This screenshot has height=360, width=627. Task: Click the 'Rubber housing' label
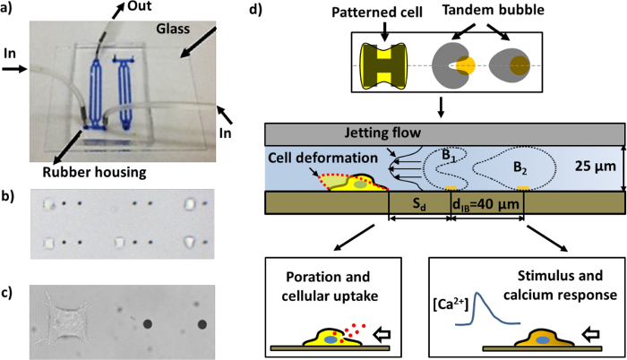(x=94, y=172)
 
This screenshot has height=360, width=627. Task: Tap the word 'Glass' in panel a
(x=173, y=29)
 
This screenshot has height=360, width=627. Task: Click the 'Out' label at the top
(x=140, y=5)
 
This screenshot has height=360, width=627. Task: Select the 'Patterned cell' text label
(x=377, y=13)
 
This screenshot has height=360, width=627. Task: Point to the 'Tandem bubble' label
(x=493, y=10)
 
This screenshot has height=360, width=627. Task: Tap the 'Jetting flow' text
(x=382, y=133)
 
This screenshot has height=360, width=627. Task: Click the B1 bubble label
(x=449, y=157)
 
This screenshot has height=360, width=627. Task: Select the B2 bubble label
(x=520, y=168)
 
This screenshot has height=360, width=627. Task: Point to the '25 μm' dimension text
(x=596, y=166)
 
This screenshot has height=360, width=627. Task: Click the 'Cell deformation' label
(x=322, y=158)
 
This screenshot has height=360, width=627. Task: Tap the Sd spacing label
(x=419, y=204)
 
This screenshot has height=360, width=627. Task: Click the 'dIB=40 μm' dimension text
(x=485, y=205)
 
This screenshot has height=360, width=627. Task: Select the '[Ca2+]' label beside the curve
(x=450, y=307)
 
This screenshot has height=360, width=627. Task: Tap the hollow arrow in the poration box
(x=382, y=335)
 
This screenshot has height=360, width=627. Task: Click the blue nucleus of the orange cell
(x=543, y=340)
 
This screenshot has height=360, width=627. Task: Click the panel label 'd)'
(x=255, y=9)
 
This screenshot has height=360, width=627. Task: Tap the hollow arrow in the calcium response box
(x=590, y=335)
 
